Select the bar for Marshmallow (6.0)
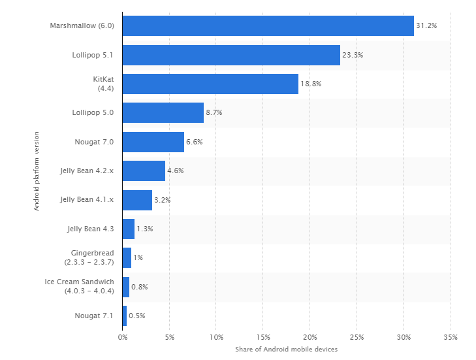click(x=268, y=25)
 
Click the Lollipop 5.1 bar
click(x=231, y=55)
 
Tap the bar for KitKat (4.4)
click(x=210, y=84)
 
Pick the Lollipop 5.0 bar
click(x=163, y=112)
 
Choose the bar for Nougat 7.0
click(x=153, y=142)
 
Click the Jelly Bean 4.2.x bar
click(x=144, y=171)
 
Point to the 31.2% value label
click(x=426, y=25)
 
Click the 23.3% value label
click(x=353, y=55)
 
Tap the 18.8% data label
click(x=311, y=84)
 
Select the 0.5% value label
click(x=136, y=316)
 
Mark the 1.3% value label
click(x=144, y=229)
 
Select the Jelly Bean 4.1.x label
click(x=87, y=200)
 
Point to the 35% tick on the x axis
click(x=450, y=337)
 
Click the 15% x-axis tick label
click(x=262, y=337)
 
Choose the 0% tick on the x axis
click(x=122, y=337)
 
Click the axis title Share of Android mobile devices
click(x=286, y=350)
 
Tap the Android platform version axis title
click(x=37, y=171)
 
